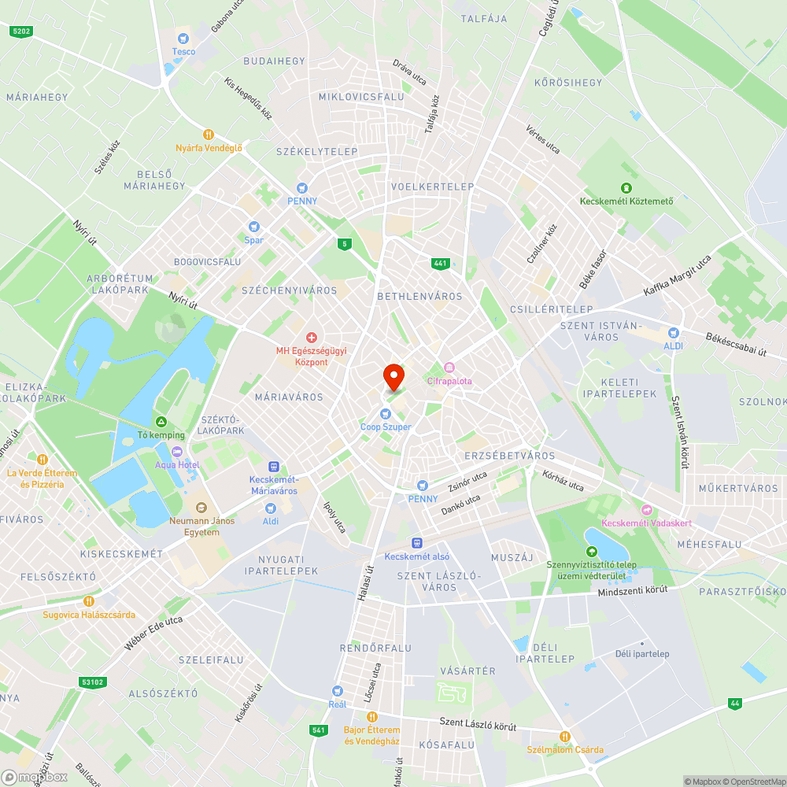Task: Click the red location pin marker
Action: pyautogui.click(x=393, y=376)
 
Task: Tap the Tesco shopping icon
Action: pyautogui.click(x=183, y=37)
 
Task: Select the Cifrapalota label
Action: pyautogui.click(x=449, y=381)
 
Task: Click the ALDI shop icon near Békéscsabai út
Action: pyautogui.click(x=673, y=333)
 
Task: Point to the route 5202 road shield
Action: pyautogui.click(x=21, y=31)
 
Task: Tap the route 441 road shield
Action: pyautogui.click(x=440, y=264)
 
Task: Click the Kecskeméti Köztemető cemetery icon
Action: pyautogui.click(x=626, y=187)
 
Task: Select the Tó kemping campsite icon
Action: pyautogui.click(x=161, y=422)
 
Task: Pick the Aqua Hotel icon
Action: pyautogui.click(x=176, y=451)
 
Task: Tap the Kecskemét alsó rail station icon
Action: pyautogui.click(x=416, y=542)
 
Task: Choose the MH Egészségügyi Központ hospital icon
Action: pyautogui.click(x=311, y=337)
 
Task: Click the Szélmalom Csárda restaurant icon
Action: pyautogui.click(x=564, y=737)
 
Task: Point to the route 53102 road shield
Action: pyautogui.click(x=92, y=682)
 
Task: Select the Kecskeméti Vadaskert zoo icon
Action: pyautogui.click(x=647, y=510)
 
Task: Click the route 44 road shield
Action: pyautogui.click(x=735, y=703)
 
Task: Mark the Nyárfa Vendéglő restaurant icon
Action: pyautogui.click(x=209, y=135)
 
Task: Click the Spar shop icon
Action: pyautogui.click(x=254, y=226)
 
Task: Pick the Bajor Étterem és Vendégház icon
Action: pyautogui.click(x=372, y=717)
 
